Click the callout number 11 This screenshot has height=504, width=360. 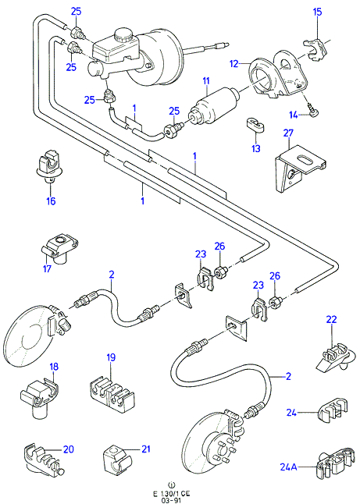coord(206,80)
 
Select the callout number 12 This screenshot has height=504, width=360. coord(234,64)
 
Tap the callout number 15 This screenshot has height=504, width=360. coord(317,12)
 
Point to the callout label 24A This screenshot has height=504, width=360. coord(289,467)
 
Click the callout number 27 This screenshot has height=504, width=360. coord(288,133)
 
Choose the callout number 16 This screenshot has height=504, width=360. coord(51,201)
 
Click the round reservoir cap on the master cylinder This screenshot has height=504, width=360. coord(123,34)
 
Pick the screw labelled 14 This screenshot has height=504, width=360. coord(314,112)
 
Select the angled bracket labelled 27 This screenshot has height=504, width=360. coord(300,168)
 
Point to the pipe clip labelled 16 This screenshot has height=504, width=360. coord(49,167)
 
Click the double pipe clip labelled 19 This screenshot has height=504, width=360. coord(112,395)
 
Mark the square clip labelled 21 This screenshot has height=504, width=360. coord(117,456)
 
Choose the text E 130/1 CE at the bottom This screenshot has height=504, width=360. coord(173,494)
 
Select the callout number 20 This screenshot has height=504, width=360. coord(69,449)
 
